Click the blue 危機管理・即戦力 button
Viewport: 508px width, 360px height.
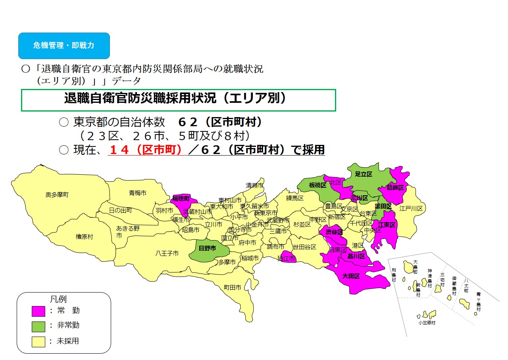63,46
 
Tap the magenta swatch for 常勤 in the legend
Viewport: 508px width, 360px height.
38,311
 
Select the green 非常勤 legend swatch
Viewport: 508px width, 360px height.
38,326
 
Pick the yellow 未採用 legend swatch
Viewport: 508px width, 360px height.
38,341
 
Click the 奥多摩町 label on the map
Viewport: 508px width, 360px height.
57,195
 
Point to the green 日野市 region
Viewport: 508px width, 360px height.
208,248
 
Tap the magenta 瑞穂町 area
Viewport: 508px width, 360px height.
181,198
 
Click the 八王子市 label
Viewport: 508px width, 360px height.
167,253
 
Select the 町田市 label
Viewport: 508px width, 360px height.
232,287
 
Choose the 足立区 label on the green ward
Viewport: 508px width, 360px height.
363,174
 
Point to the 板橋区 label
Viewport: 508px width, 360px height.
317,185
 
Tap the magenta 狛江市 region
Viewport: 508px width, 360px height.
286,258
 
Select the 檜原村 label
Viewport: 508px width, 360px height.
84,237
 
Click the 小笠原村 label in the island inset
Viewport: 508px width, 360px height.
427,323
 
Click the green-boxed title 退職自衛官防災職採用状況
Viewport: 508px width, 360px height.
175,99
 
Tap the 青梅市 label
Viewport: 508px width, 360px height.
137,193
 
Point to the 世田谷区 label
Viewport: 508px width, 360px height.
304,247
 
